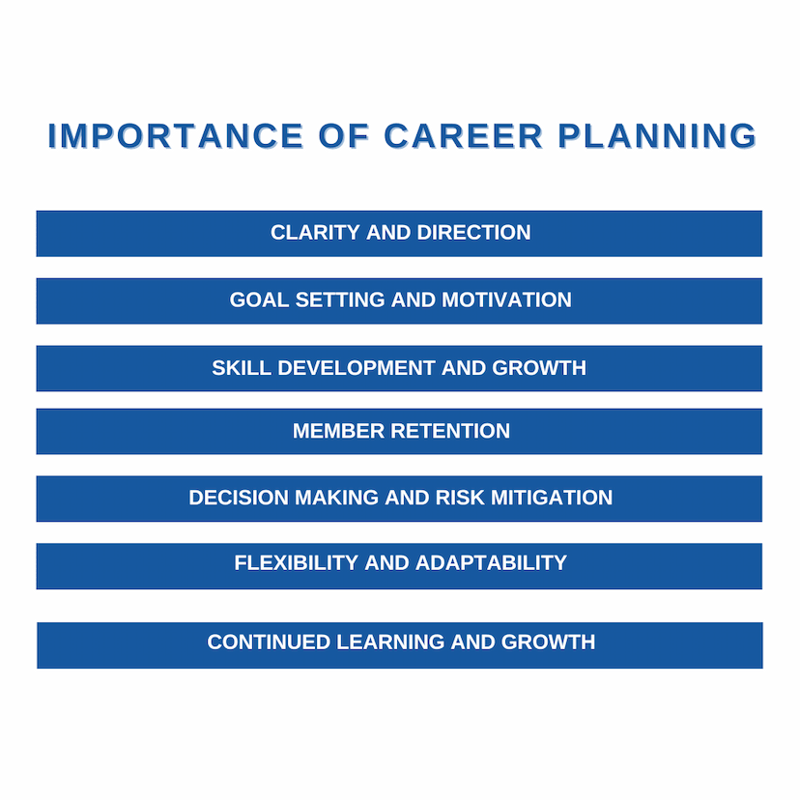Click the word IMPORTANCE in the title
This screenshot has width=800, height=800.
(x=176, y=136)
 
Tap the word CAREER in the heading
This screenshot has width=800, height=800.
(x=463, y=136)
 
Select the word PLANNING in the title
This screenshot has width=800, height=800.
(x=657, y=136)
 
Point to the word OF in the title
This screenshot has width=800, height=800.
(x=343, y=136)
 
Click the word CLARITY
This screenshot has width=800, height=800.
(x=315, y=233)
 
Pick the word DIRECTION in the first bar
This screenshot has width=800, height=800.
(x=474, y=233)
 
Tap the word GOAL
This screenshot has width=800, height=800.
(x=259, y=300)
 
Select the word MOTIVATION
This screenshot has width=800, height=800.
(x=506, y=300)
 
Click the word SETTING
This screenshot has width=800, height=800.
(x=340, y=300)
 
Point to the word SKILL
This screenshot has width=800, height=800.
(x=242, y=368)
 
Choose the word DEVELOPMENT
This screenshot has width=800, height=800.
(x=357, y=368)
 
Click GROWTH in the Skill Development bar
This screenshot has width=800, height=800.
(x=539, y=368)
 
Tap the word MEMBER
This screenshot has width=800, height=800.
(x=338, y=431)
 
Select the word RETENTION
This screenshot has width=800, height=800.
(x=450, y=431)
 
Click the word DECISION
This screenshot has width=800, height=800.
(x=239, y=498)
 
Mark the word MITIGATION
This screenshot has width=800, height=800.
(x=552, y=498)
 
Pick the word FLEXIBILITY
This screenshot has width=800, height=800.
(x=297, y=563)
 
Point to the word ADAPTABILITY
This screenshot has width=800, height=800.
(x=492, y=563)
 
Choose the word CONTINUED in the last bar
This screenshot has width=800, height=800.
(x=269, y=643)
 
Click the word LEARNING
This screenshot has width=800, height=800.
(x=390, y=643)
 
